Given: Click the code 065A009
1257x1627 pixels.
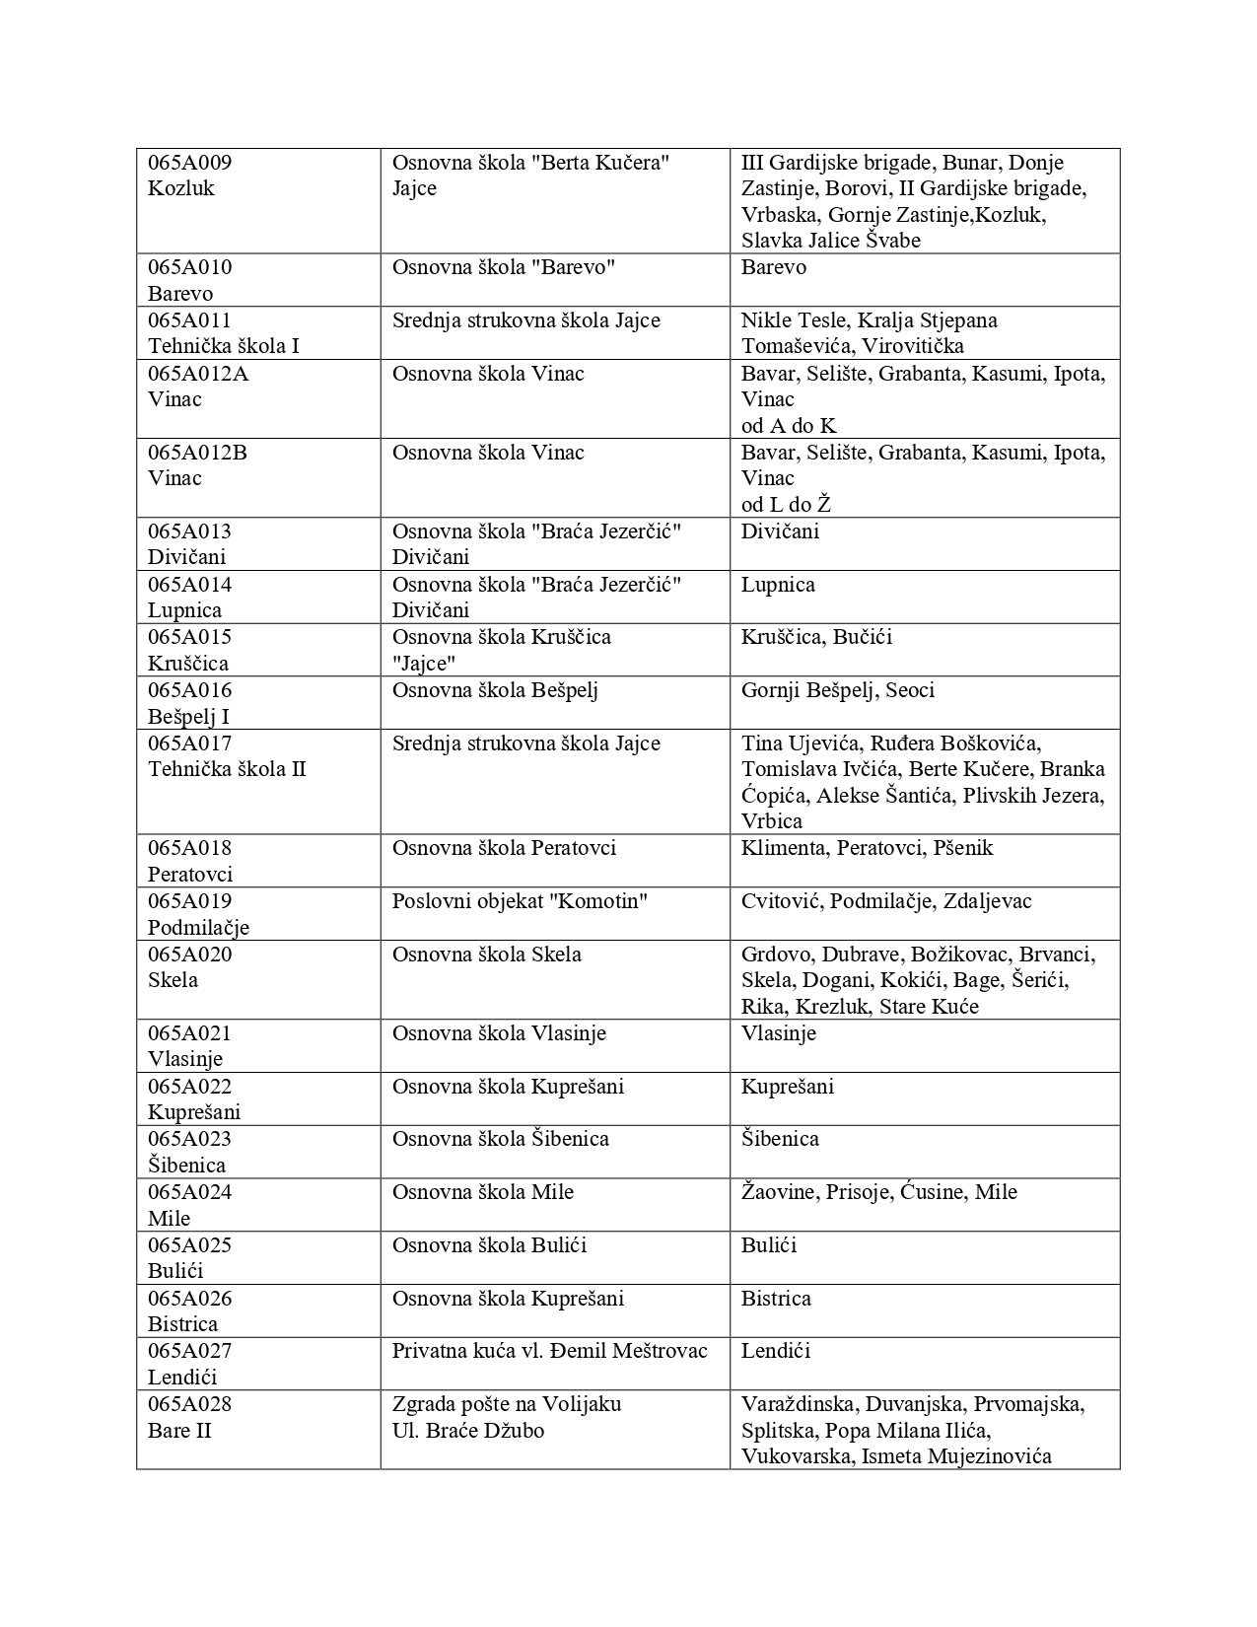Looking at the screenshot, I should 189,163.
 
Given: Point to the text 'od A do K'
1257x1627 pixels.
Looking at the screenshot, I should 789,426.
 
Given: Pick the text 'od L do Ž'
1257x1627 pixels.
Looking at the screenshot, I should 786,505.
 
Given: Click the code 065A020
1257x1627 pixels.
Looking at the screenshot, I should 189,955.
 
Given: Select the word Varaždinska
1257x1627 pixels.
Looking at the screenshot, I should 799,1404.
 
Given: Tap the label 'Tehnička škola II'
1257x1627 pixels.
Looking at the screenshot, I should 227,769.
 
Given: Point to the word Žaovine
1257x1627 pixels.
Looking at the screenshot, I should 779,1192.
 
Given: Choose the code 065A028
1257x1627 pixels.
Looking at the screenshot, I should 189,1404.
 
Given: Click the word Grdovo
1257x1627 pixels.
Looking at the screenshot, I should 777,955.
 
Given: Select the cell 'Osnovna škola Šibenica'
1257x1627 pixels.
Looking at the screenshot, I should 500,1139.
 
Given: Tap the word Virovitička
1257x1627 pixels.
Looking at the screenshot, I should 902,346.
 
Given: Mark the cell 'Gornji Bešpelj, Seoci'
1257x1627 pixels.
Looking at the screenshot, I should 837,690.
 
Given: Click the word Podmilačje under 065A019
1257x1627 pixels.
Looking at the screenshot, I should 198,928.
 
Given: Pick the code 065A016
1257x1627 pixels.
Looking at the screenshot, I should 189,690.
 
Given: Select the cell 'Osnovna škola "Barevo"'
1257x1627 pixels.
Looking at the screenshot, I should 503,267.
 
